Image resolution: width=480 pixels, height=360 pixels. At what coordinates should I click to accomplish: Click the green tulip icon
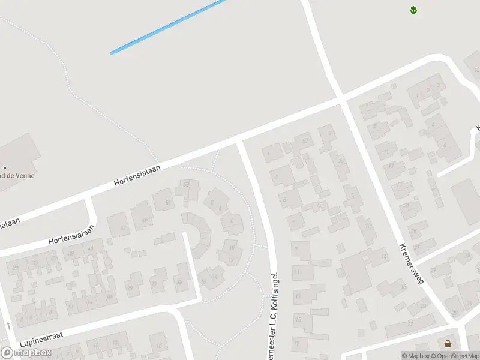pos(413,10)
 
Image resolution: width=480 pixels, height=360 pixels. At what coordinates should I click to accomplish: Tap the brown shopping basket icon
pos(448,344)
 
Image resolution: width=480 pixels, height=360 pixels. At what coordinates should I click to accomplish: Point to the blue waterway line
pos(168,27)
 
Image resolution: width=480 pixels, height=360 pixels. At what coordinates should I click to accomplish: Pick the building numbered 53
pos(187,185)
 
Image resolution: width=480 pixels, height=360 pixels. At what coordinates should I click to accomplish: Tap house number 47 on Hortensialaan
pos(124,228)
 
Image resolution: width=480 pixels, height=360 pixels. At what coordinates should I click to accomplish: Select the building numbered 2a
pos(341,161)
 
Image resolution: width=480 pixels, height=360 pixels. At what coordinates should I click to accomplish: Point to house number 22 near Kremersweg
pos(409,323)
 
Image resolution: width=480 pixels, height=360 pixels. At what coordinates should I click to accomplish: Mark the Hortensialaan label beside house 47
pos(72,235)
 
